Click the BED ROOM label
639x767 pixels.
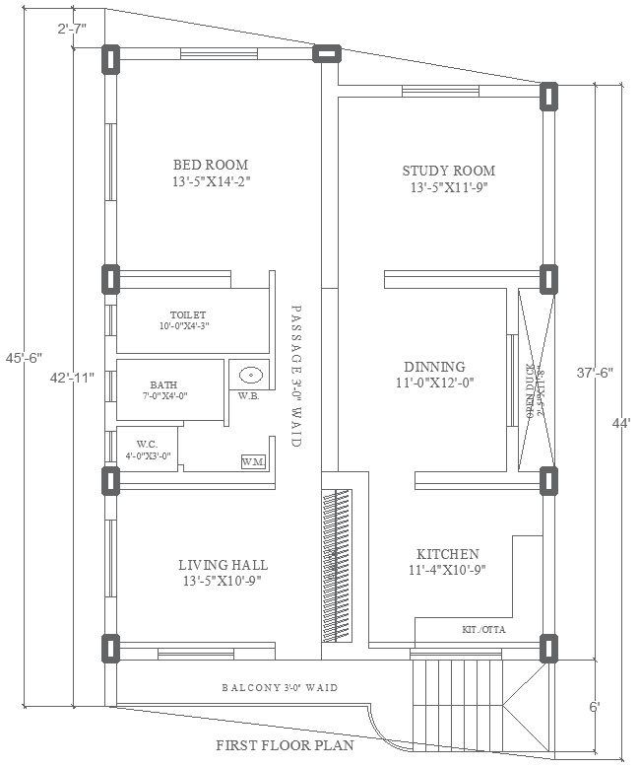[211, 165]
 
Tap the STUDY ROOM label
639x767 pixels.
[448, 171]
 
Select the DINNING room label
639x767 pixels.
[435, 367]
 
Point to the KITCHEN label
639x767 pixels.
[447, 554]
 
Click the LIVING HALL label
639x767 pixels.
[223, 565]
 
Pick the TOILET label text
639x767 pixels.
[187, 314]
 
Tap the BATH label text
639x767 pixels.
[163, 384]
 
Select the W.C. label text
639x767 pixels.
[149, 445]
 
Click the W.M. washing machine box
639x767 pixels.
[252, 461]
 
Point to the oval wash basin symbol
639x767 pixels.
[250, 375]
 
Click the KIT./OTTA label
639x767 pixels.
[483, 629]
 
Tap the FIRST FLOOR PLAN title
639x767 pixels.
[285, 746]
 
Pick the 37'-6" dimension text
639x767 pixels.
[596, 373]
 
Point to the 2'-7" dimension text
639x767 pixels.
[72, 29]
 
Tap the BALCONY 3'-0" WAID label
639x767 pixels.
[280, 687]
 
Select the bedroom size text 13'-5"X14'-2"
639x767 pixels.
[211, 181]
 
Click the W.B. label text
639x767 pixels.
[248, 396]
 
